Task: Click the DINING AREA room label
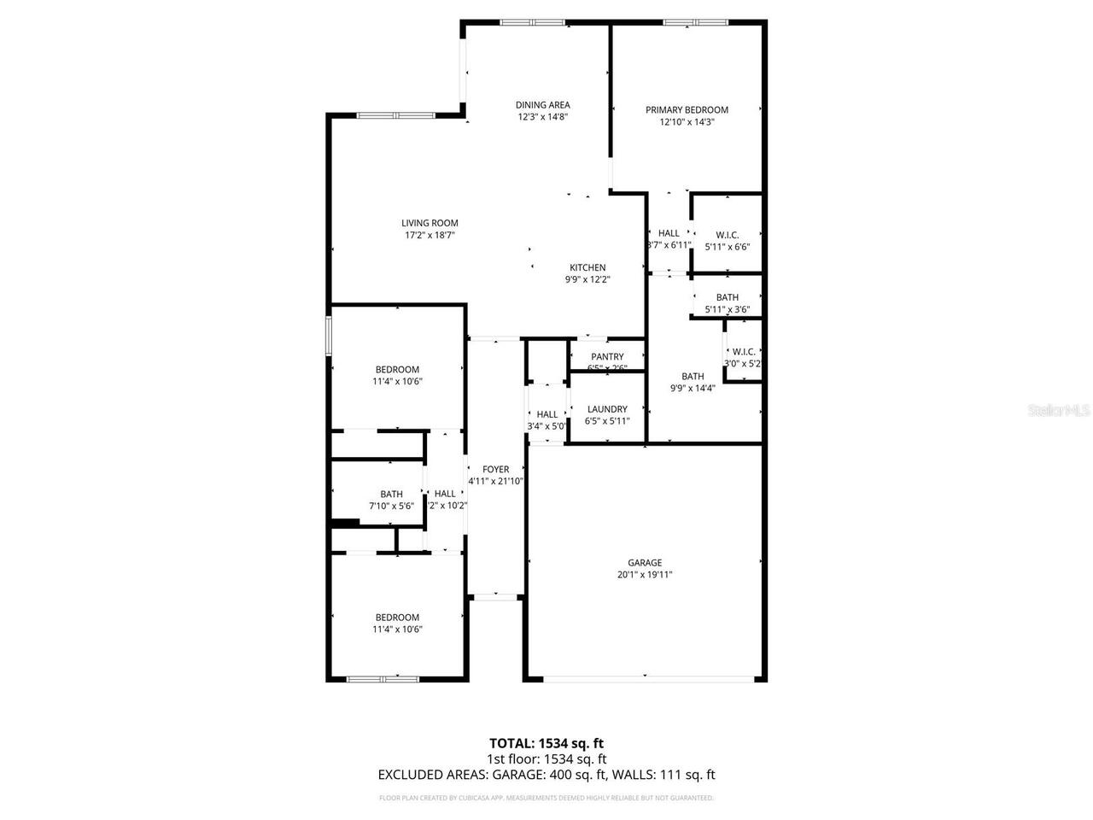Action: [x=542, y=105]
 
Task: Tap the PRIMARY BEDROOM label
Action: [x=687, y=109]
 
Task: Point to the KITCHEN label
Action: [x=587, y=267]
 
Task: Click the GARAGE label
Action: [x=645, y=563]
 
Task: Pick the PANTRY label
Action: [x=607, y=357]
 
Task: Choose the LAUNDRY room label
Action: [x=607, y=409]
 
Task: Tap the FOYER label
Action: [x=495, y=469]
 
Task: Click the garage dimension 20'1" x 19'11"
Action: [x=645, y=575]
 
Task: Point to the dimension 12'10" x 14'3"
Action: [x=687, y=121]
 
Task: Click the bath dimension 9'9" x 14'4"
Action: [x=693, y=388]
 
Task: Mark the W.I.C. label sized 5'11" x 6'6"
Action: [x=727, y=235]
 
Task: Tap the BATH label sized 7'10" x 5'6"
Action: [x=391, y=494]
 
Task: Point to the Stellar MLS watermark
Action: [x=1059, y=411]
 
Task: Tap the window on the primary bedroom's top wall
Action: [x=694, y=22]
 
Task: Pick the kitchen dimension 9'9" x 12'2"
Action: [x=587, y=279]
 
